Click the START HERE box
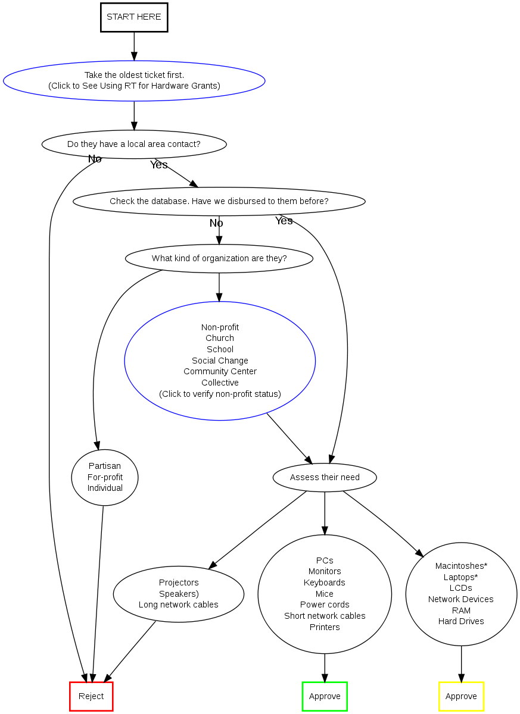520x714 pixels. click(133, 17)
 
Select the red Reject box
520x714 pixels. click(91, 696)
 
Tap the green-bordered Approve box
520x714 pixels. click(325, 696)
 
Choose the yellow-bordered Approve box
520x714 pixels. click(461, 696)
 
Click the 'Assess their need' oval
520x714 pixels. click(325, 477)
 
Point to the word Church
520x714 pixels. click(220, 338)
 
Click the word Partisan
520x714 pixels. click(104, 466)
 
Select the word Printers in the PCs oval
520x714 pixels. click(325, 627)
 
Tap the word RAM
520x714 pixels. click(461, 610)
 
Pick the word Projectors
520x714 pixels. click(179, 583)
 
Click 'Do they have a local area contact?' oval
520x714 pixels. click(133, 144)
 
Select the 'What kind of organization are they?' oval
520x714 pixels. click(219, 258)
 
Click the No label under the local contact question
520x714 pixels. click(95, 159)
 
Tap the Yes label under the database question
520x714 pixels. click(284, 221)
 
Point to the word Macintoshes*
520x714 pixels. click(461, 566)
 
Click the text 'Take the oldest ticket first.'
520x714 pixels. click(134, 75)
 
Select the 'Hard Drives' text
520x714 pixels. click(461, 621)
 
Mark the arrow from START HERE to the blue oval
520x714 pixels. click(134, 46)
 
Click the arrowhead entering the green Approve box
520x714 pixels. click(325, 677)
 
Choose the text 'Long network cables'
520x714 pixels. click(179, 605)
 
